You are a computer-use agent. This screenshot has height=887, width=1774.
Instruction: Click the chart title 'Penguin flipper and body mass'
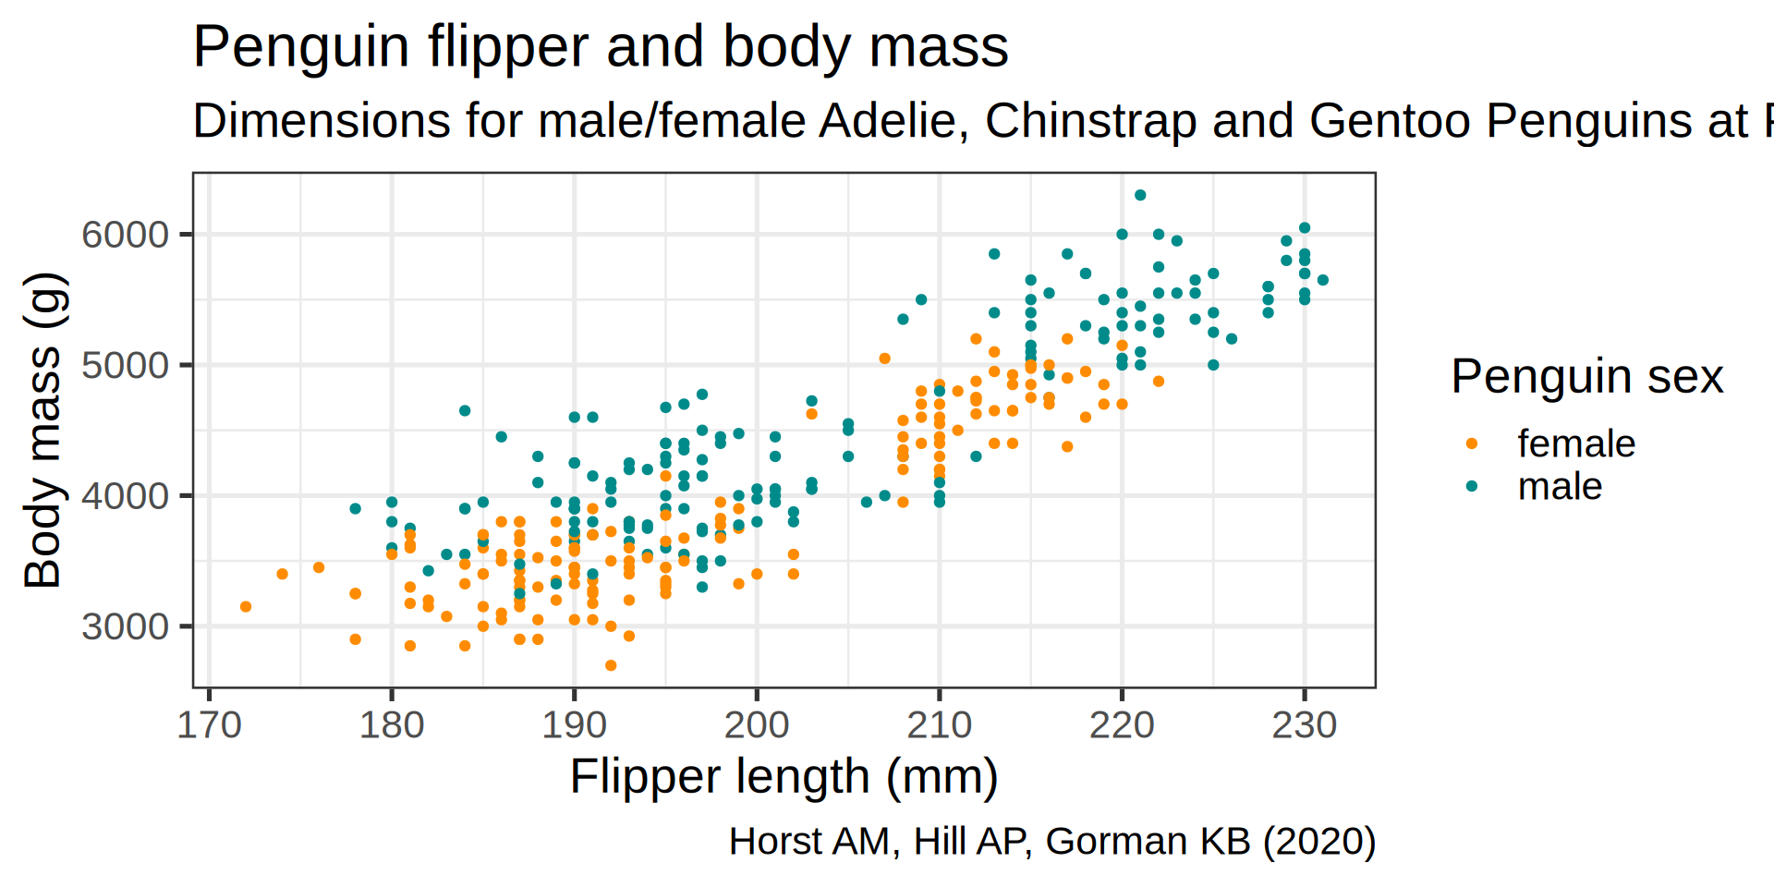[600, 47]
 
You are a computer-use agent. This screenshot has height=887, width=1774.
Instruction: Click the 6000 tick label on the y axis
[126, 236]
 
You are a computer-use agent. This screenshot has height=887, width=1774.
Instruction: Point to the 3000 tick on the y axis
[126, 627]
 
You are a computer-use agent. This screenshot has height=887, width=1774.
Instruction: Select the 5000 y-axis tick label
[126, 366]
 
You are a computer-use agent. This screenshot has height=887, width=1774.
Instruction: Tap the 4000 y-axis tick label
[126, 497]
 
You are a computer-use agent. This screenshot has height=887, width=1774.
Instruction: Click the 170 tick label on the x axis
[209, 725]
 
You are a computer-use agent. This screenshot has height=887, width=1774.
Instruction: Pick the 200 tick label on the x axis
[757, 725]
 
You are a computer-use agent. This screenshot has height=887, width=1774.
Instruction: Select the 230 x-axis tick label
[1304, 725]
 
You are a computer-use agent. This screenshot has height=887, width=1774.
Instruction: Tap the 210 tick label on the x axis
[939, 725]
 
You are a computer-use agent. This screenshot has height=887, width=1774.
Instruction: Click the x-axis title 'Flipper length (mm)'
[784, 776]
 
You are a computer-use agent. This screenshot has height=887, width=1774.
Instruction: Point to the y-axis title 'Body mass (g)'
[43, 431]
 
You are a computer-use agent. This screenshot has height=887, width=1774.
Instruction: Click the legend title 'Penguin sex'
[1586, 377]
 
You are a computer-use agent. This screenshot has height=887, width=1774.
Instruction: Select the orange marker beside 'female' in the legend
[1472, 444]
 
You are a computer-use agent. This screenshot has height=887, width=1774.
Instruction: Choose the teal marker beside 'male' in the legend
[1472, 487]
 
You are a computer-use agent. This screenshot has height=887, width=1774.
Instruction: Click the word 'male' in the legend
[1560, 487]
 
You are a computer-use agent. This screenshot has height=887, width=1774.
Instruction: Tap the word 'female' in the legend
[1576, 444]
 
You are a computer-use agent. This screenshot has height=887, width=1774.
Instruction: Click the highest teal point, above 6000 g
[1140, 195]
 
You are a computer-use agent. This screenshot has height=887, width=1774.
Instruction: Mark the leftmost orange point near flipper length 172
[246, 607]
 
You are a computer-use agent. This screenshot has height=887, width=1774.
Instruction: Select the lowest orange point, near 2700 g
[611, 665]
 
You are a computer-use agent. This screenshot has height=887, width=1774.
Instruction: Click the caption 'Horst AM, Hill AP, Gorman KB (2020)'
[1051, 842]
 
